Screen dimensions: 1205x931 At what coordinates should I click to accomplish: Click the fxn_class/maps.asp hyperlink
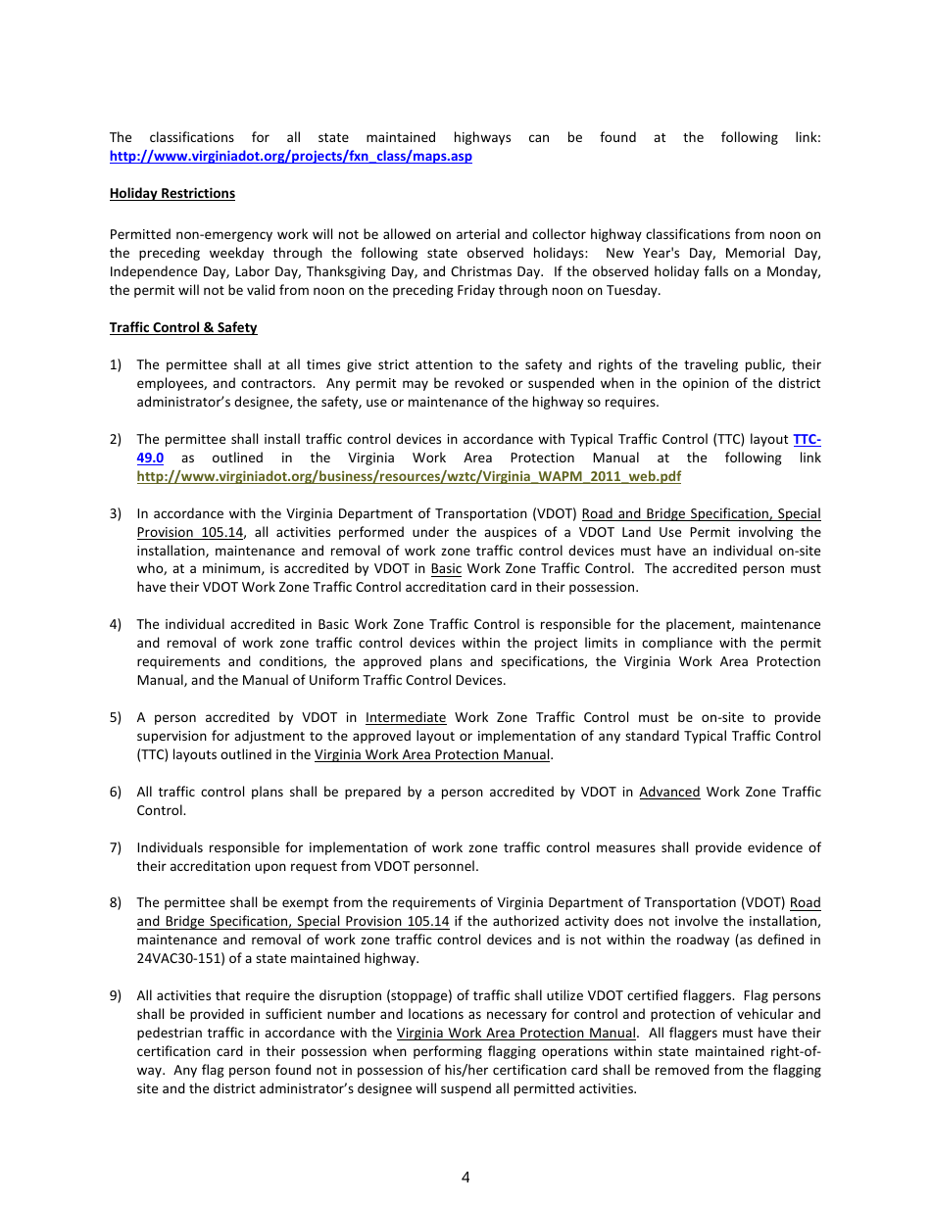point(290,157)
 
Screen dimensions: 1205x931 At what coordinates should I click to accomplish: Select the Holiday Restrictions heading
point(171,194)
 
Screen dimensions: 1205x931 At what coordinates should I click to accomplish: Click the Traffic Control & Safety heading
point(182,328)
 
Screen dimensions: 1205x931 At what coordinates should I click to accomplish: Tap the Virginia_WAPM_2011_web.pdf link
point(409,477)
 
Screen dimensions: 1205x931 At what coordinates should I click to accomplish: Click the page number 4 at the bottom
point(465,1178)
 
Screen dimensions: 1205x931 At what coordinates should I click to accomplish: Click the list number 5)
point(116,718)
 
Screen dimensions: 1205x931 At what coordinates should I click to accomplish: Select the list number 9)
point(116,996)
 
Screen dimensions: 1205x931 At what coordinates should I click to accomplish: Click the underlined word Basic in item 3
point(446,569)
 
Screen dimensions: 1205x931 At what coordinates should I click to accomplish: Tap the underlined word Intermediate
point(406,718)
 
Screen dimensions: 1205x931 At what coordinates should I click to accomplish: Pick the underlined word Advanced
point(669,793)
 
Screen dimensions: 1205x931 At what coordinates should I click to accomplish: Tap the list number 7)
point(116,848)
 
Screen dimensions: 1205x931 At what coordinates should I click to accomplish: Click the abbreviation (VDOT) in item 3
point(557,514)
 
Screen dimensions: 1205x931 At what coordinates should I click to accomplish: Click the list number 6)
point(116,793)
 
